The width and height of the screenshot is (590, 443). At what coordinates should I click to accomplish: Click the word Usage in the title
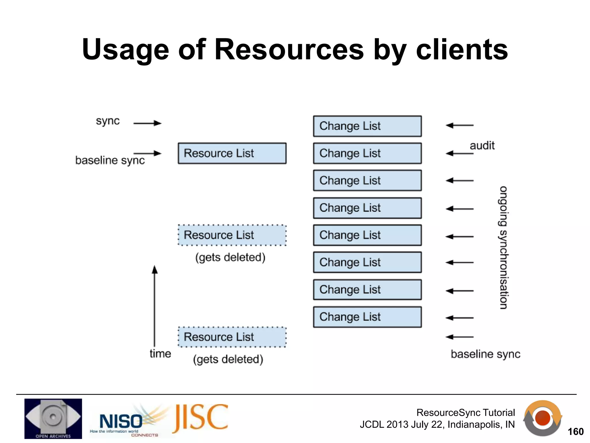pos(125,50)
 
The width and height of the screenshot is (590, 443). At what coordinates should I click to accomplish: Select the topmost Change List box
pos(367,126)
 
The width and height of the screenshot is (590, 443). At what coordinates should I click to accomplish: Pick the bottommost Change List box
pos(367,317)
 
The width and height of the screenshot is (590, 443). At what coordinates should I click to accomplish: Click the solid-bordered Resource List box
pos(232,153)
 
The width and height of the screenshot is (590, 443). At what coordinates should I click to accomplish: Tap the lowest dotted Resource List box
pos(232,337)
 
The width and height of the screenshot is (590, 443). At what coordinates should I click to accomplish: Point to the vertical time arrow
pos(155,306)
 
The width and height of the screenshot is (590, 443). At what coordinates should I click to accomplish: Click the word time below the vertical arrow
pos(160,354)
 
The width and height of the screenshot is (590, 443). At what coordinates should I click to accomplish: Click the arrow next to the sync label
pos(147,123)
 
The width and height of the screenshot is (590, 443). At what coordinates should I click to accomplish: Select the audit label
pos(482,145)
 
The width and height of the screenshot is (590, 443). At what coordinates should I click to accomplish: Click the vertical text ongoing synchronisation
pos(503,247)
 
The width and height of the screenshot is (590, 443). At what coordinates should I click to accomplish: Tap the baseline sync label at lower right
pos(485,354)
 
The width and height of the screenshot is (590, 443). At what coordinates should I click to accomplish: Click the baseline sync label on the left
pos(110,160)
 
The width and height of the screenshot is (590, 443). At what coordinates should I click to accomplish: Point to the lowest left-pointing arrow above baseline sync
pos(459,337)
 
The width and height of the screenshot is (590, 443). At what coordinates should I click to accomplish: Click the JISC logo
pos(201,418)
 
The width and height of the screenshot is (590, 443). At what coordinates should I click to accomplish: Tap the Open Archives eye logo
pos(53,418)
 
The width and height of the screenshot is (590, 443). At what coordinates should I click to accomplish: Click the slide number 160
pos(575,431)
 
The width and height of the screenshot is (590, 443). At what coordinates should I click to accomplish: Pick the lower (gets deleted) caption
pos(228,359)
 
